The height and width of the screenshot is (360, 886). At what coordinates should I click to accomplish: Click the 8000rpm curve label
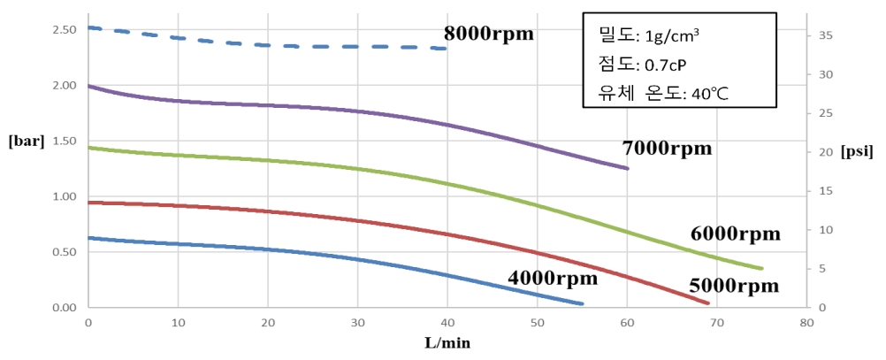[x=489, y=34]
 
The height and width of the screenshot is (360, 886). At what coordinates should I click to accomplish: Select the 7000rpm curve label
[x=668, y=148]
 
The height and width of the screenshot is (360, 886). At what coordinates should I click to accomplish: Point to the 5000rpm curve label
[x=734, y=286]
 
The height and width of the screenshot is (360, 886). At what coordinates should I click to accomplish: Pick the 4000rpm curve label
[x=553, y=277]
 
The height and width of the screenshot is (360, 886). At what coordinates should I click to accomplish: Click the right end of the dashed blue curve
[x=447, y=49]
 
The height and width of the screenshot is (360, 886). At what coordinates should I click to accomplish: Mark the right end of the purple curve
[x=627, y=168]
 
